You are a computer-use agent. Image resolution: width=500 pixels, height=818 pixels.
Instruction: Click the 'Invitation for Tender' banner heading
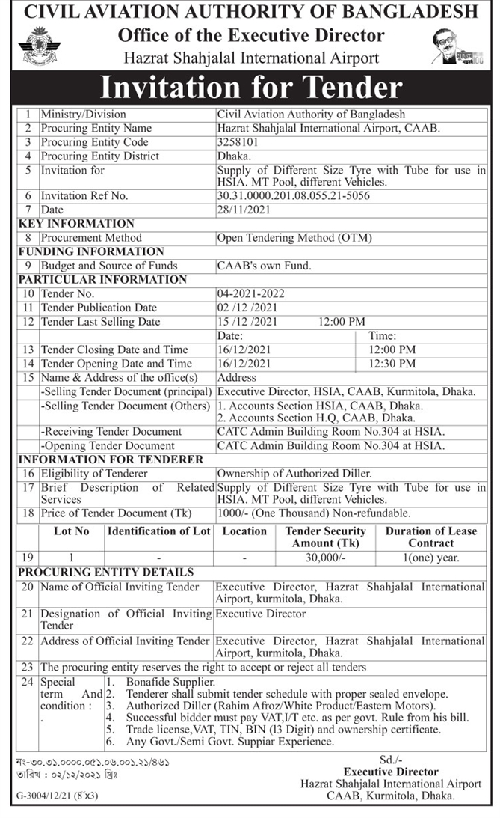[x=250, y=88]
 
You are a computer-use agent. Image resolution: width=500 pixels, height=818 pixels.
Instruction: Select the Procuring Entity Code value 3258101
[x=239, y=142]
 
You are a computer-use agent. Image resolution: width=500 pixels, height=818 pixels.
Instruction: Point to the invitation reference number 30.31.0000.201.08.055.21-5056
[x=293, y=195]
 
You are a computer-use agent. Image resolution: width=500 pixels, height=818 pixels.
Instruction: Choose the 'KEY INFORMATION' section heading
[x=76, y=223]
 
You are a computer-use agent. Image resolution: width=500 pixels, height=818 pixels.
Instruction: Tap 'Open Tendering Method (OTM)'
[x=294, y=238]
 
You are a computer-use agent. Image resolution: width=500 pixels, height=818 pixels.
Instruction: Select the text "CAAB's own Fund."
[x=264, y=265]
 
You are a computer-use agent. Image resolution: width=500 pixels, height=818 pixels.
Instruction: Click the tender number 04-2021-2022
[x=250, y=293]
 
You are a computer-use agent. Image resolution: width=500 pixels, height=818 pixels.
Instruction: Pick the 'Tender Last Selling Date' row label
[x=100, y=322]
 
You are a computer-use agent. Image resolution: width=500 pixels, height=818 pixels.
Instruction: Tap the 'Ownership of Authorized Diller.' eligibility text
[x=293, y=474]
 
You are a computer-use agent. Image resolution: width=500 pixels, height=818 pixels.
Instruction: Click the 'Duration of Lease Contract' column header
[x=430, y=537]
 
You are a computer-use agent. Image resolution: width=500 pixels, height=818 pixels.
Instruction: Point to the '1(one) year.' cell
[x=430, y=558]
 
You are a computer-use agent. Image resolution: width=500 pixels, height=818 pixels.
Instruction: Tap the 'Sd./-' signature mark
[x=390, y=760]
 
